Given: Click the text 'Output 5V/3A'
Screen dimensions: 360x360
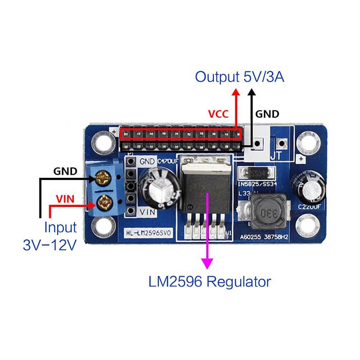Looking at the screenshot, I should [x=240, y=77].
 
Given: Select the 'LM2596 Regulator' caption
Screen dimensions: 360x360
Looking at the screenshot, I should [x=209, y=282].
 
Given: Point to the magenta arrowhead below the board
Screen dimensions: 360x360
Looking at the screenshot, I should [x=208, y=263].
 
